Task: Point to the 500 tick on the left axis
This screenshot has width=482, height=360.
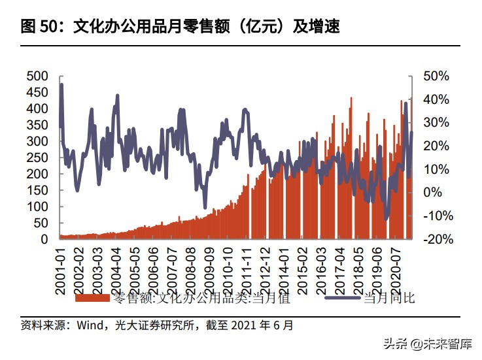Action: pyautogui.click(x=37, y=76)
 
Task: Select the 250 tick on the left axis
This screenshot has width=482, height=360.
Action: pyautogui.click(x=37, y=157)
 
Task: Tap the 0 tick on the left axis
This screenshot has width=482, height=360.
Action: pyautogui.click(x=44, y=239)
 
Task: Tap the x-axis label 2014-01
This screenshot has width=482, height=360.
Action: pyautogui.click(x=284, y=269)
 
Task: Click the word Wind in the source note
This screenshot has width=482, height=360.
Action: pyautogui.click(x=90, y=325)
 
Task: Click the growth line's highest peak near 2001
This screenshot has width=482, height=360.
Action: pyautogui.click(x=61, y=84)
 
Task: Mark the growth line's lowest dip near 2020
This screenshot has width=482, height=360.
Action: pyautogui.click(x=387, y=220)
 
